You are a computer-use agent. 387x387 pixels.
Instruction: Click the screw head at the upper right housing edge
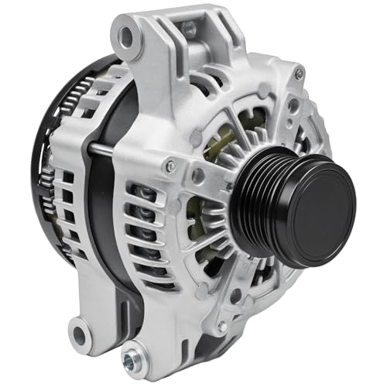(x=299, y=74)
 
